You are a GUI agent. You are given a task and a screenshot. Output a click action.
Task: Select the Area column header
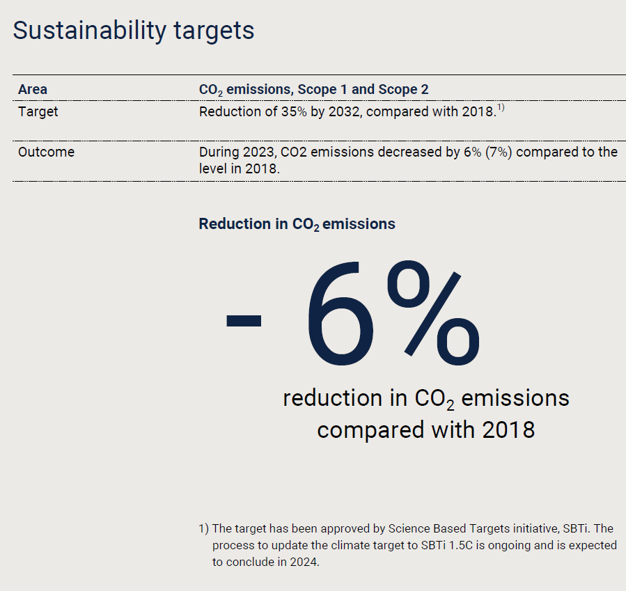(33, 89)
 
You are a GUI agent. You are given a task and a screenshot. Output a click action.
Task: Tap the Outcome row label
(46, 152)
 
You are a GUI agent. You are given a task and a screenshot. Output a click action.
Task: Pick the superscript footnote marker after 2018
(500, 108)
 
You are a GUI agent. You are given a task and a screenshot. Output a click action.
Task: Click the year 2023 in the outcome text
(262, 152)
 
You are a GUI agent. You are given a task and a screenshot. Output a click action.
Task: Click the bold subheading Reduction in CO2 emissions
(297, 224)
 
